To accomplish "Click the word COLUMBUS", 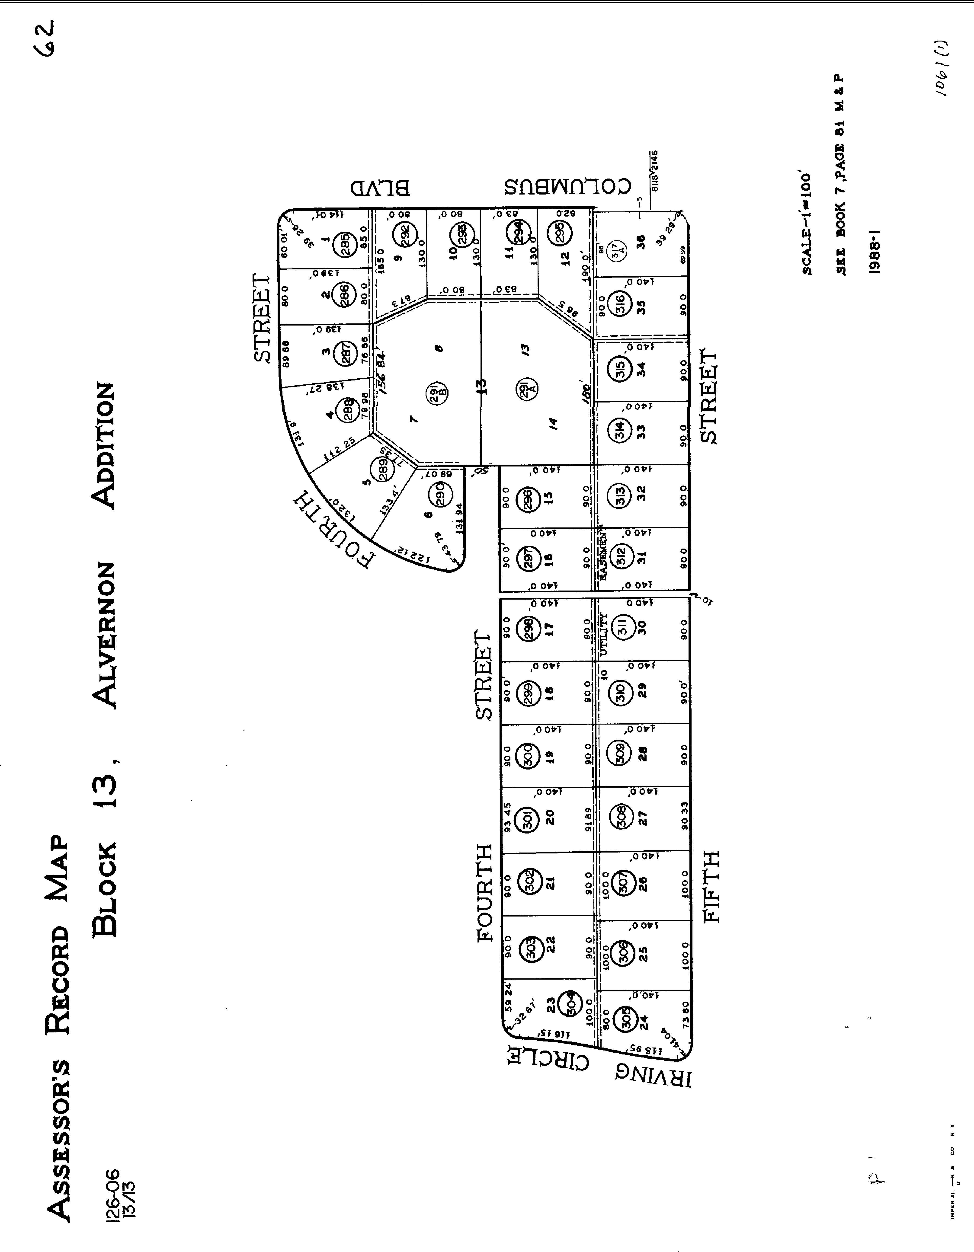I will coord(567,186).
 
